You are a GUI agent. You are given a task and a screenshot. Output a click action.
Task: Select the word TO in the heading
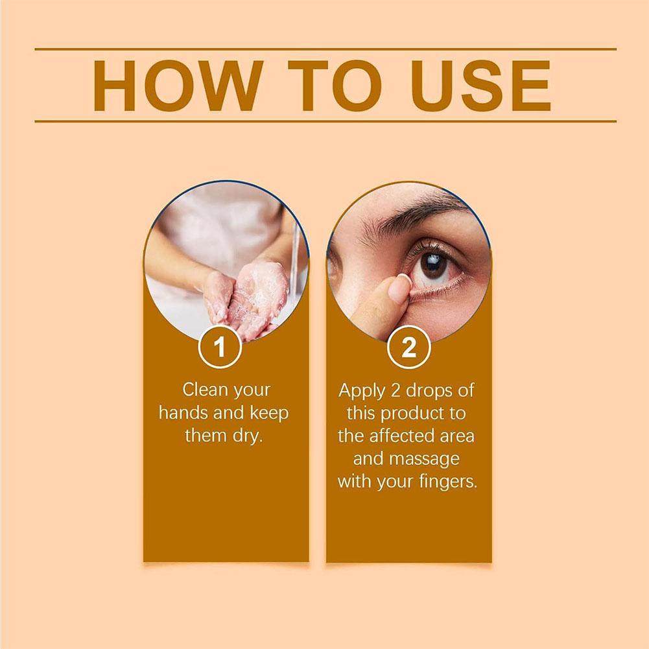tap(335, 86)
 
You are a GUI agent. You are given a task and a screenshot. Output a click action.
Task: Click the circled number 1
tap(220, 347)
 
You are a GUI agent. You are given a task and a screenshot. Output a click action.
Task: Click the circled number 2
tap(408, 347)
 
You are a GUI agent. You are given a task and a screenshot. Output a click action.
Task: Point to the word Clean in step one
tap(206, 390)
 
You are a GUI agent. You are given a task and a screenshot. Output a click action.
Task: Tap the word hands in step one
tap(184, 412)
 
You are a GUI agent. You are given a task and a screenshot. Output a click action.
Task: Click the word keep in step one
tap(269, 412)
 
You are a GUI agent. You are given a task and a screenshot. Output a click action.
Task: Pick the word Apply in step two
tap(362, 391)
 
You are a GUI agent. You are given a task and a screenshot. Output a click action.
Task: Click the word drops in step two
tap(429, 390)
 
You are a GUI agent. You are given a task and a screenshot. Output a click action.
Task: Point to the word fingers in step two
tap(448, 482)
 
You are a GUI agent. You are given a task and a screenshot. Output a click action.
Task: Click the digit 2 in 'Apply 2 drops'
tap(395, 390)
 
